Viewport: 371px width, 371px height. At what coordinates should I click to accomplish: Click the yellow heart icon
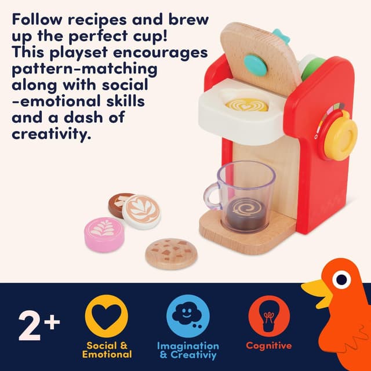tap(107, 316)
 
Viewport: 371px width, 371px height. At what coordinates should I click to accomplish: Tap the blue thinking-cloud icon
tap(188, 316)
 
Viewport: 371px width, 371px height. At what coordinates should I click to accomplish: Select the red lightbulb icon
tap(268, 316)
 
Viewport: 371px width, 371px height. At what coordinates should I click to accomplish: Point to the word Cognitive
tap(268, 345)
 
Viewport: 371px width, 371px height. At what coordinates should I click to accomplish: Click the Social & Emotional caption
tap(107, 350)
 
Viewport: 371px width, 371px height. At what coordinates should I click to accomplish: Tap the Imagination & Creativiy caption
tap(188, 350)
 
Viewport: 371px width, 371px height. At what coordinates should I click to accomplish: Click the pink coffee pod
tap(104, 234)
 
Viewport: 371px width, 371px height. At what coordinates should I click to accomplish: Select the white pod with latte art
tap(141, 211)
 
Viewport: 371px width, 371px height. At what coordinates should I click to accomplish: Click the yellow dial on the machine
tap(340, 136)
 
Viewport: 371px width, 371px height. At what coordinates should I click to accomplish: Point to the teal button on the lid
tap(256, 65)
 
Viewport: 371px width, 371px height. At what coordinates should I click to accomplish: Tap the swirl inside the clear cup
tap(242, 208)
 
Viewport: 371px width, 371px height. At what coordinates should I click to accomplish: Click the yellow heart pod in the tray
tap(246, 105)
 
